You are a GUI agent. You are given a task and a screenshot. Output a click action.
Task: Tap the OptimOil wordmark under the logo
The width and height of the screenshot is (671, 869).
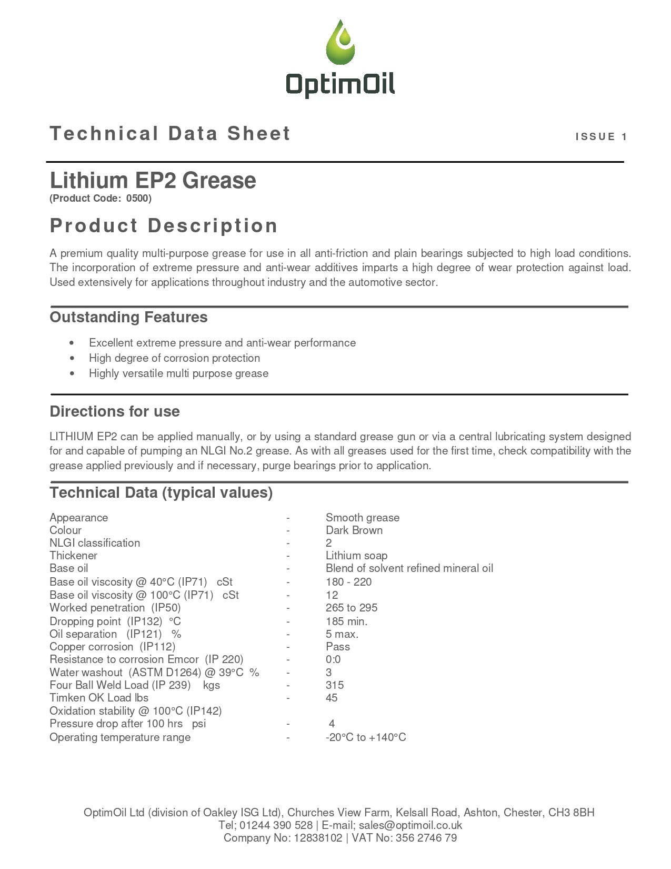coord(340,84)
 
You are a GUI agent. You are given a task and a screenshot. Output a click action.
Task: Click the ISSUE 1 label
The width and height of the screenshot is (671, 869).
coord(601,137)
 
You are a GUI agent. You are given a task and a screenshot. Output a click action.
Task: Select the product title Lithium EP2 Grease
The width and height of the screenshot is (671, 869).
coord(153,181)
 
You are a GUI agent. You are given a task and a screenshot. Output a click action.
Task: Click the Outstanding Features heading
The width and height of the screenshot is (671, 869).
coord(128,318)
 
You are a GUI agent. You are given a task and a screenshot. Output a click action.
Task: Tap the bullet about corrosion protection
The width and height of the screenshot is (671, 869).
coord(174,358)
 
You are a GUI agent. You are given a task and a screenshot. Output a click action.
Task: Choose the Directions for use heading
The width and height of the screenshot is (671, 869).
coord(114,411)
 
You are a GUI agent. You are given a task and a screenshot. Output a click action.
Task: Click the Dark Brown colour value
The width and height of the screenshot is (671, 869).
coord(354,530)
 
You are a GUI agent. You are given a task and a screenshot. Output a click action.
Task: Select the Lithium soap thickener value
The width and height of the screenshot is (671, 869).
coord(356,556)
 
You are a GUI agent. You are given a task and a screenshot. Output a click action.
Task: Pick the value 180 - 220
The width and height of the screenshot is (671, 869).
coord(348,582)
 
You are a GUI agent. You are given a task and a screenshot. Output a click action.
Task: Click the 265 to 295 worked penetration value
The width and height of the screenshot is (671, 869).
coord(351,608)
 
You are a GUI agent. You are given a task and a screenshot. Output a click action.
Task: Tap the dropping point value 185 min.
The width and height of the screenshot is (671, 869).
coord(346,621)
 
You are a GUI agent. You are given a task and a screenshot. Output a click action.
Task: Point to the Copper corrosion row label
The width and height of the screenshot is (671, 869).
coord(112,647)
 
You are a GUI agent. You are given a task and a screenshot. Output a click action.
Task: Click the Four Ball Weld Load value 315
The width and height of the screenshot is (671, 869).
coord(334,685)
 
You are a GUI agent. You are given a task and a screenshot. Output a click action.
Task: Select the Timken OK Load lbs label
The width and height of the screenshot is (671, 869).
coord(99,698)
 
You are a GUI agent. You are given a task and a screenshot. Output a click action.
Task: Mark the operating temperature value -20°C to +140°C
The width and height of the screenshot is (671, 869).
coord(366,737)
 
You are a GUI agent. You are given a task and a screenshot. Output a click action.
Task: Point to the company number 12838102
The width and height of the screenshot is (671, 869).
coord(318,838)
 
